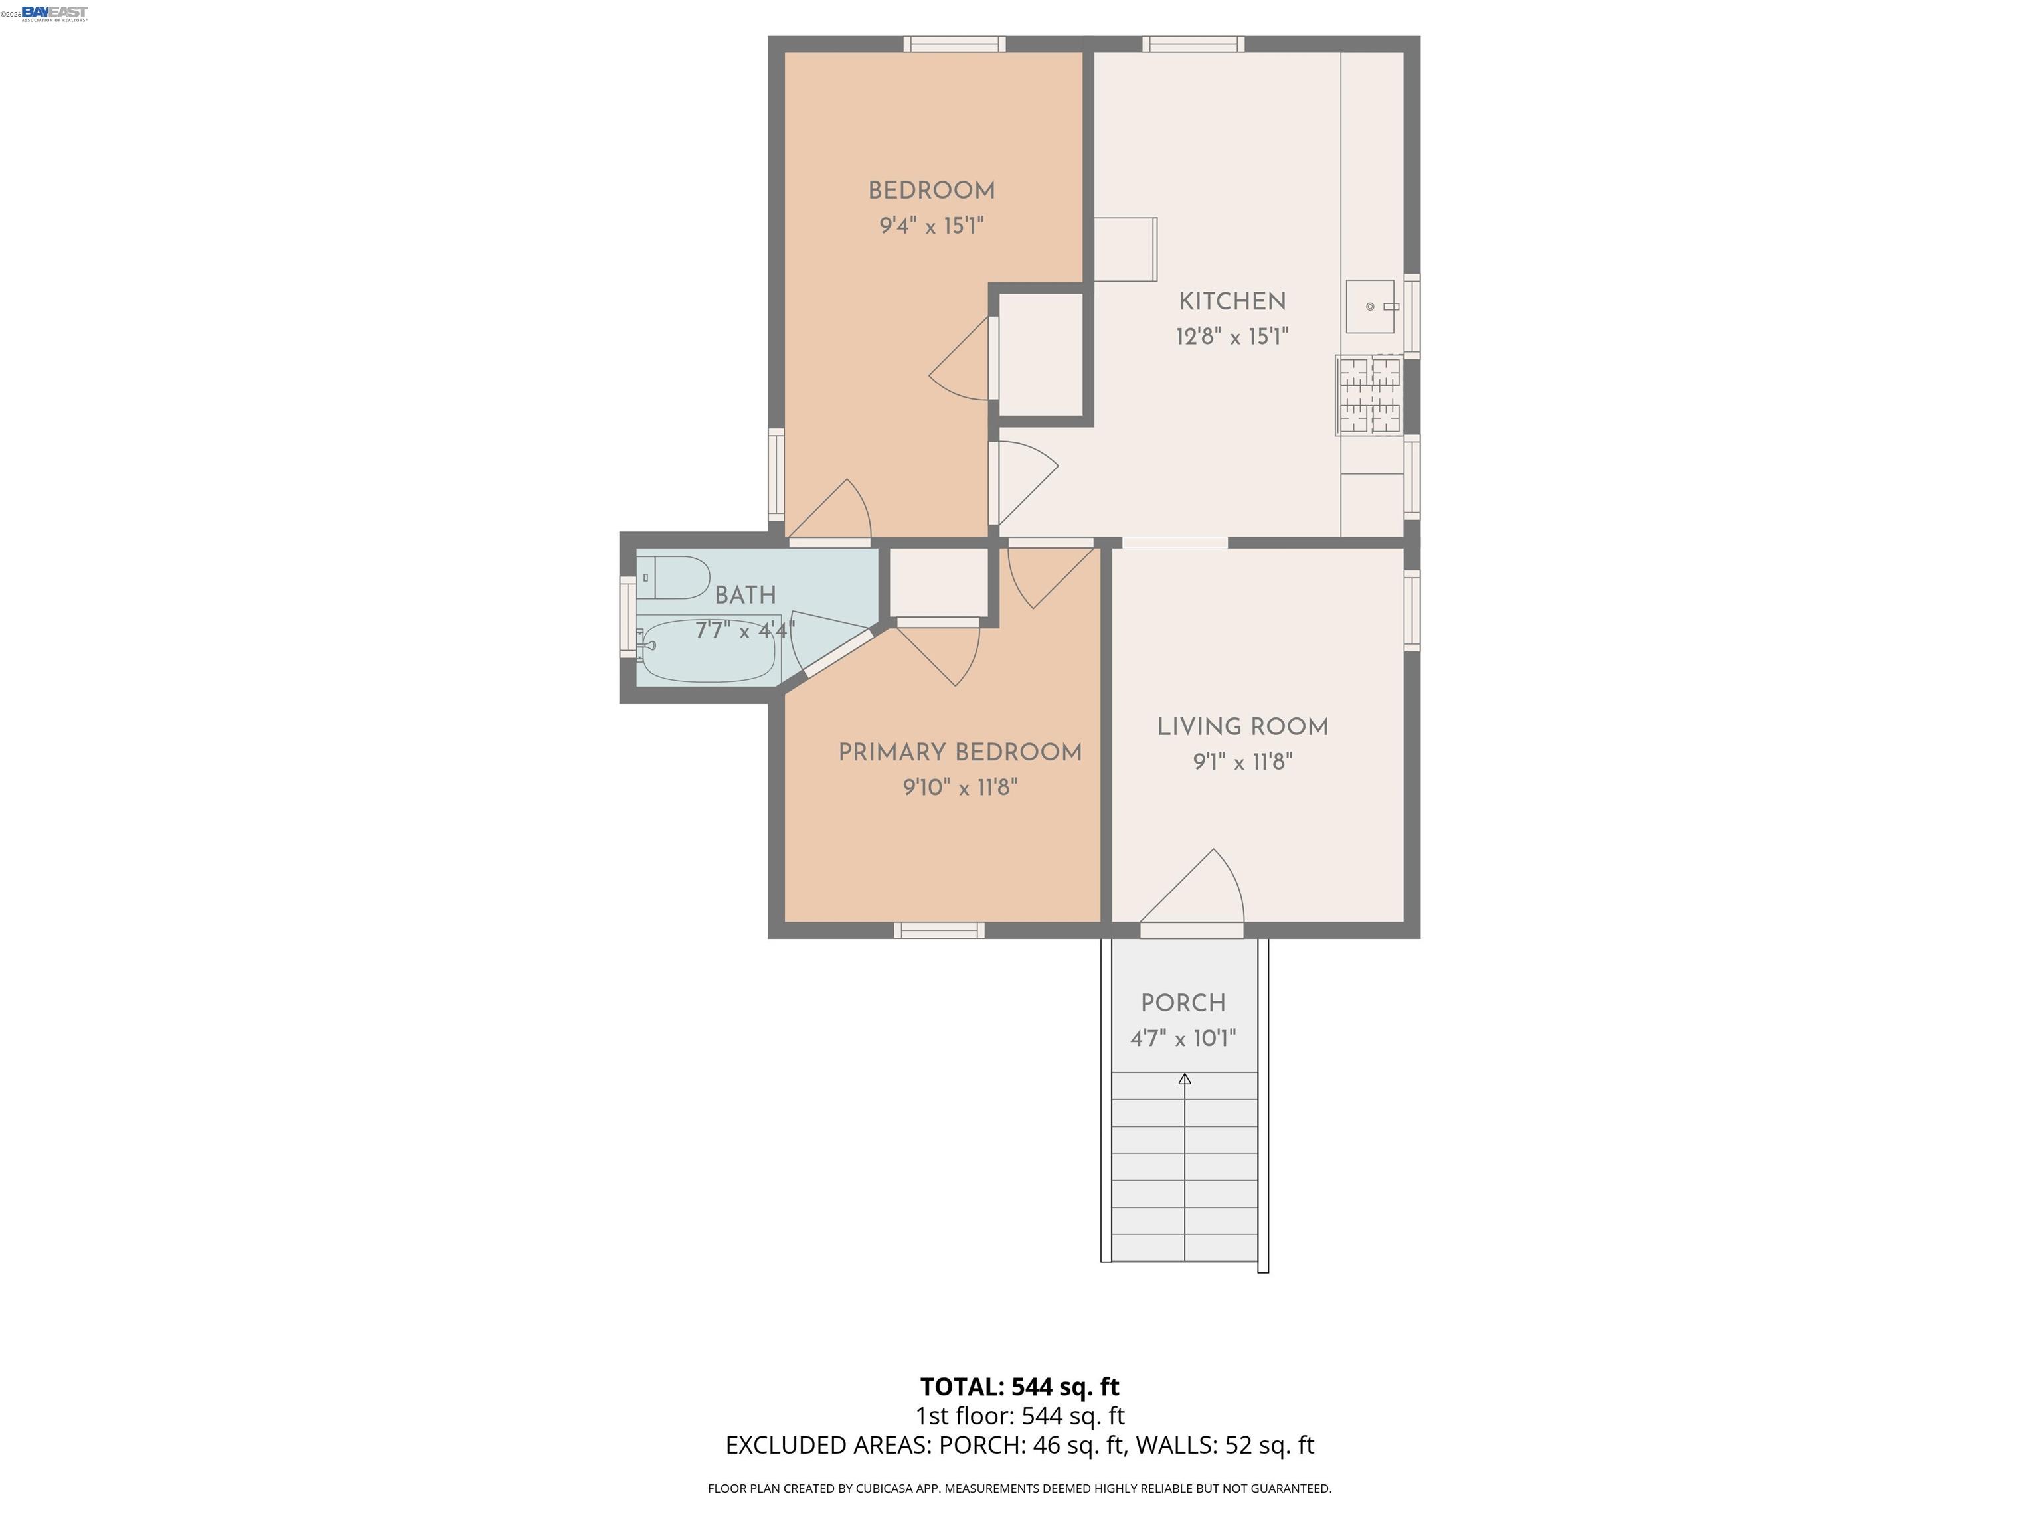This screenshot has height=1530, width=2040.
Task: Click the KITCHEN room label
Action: (1232, 301)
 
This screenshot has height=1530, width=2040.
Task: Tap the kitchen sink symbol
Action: (1371, 307)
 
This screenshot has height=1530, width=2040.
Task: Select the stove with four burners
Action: (1369, 396)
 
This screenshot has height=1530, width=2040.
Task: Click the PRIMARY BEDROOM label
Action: (959, 752)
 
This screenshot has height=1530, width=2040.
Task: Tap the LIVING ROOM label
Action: (1242, 726)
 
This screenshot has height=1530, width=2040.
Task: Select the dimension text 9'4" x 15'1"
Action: (932, 226)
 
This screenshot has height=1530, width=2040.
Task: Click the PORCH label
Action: (1183, 1003)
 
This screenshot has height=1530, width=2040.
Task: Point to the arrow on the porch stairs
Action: (1184, 1079)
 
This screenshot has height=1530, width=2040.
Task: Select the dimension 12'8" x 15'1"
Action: (1232, 337)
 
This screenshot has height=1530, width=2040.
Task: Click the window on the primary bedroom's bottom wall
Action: (939, 930)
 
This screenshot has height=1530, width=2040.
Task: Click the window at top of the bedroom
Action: (954, 43)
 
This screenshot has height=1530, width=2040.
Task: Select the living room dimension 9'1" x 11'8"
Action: (1242, 762)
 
